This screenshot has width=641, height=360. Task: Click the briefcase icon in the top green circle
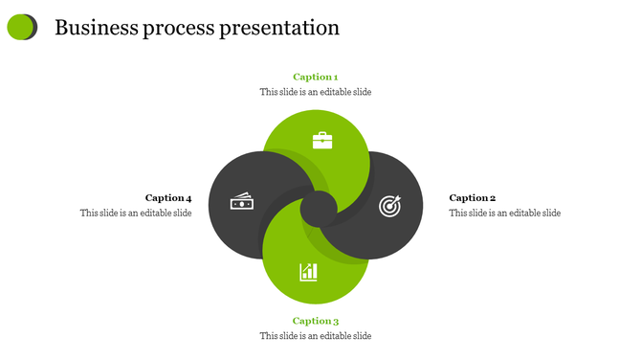323,141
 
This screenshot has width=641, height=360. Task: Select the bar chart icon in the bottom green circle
308,272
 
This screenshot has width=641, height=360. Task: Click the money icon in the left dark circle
241,202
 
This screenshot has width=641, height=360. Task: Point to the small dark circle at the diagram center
318,207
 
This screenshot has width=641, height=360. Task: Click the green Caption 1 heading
315,77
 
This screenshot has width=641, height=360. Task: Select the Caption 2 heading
472,198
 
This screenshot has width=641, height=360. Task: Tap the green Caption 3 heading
315,321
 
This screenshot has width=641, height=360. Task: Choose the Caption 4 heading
168,198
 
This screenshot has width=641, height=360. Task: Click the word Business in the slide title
98,28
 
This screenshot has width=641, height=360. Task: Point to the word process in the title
180,29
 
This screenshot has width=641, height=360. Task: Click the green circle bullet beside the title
20,27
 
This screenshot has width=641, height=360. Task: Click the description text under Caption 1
315,92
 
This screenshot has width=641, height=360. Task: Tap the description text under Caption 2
504,213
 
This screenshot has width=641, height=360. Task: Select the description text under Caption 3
315,336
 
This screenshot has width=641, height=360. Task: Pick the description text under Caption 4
136,213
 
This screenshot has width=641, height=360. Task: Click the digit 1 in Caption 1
335,77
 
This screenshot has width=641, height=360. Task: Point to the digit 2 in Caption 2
492,198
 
